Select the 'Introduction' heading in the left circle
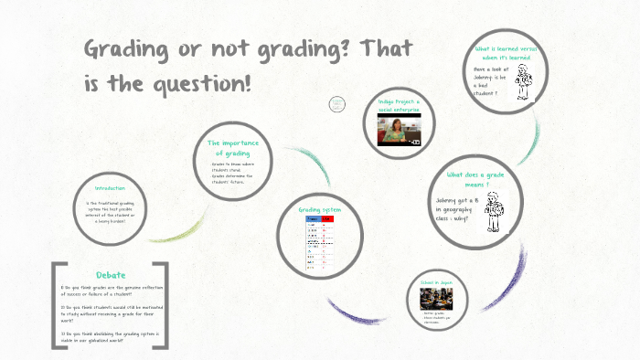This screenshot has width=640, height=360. [110, 188]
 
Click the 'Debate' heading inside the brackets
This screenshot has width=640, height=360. [111, 275]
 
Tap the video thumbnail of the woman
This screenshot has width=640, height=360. [400, 130]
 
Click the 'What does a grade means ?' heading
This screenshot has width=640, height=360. [475, 179]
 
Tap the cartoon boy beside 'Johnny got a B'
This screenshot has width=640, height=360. [495, 212]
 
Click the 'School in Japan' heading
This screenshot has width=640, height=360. [436, 284]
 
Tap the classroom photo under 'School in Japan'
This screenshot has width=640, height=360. [436, 300]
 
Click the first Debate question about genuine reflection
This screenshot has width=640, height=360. [112, 291]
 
